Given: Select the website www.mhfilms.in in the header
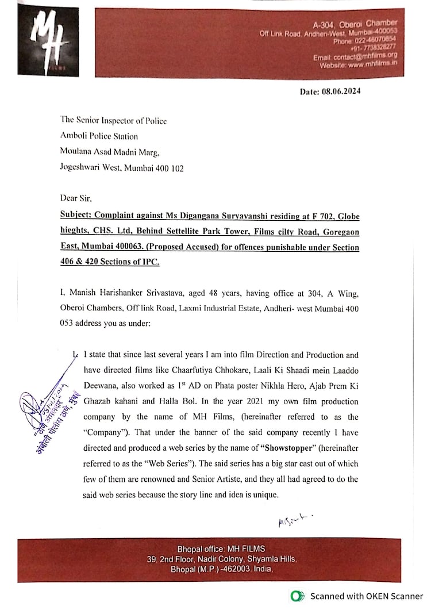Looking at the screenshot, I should (372, 64).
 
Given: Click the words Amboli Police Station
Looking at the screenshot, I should (99, 136).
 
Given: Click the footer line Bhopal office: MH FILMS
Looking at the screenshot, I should (221, 548).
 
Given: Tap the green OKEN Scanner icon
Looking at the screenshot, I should (297, 596).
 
